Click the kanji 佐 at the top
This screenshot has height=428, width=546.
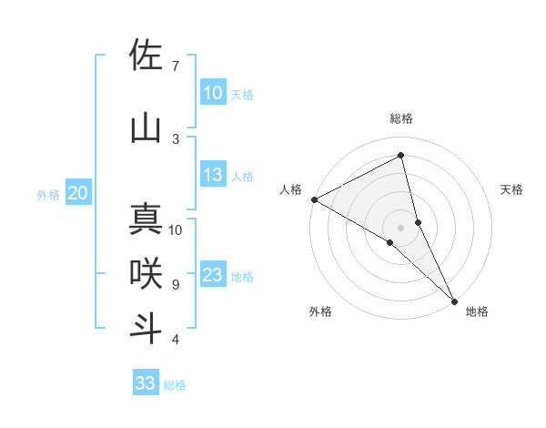(146, 56)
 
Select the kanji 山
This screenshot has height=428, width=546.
(146, 128)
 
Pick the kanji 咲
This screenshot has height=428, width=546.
(146, 274)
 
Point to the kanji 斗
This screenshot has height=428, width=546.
(146, 329)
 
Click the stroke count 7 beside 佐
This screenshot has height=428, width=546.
(176, 66)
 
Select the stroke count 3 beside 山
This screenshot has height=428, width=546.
(176, 138)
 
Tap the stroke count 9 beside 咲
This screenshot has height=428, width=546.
(176, 285)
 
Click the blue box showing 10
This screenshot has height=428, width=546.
(212, 93)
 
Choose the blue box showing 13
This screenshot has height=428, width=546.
(212, 175)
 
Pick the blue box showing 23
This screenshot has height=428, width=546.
(212, 275)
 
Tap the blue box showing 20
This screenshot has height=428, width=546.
(78, 193)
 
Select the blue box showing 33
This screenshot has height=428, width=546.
(145, 383)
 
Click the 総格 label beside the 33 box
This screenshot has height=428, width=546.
(175, 385)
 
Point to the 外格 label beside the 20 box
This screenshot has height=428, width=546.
(48, 195)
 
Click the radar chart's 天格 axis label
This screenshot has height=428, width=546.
(512, 189)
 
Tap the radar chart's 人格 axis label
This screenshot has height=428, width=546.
(291, 189)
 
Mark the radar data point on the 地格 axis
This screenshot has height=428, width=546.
(454, 300)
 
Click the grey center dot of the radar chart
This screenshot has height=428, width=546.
(400, 227)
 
